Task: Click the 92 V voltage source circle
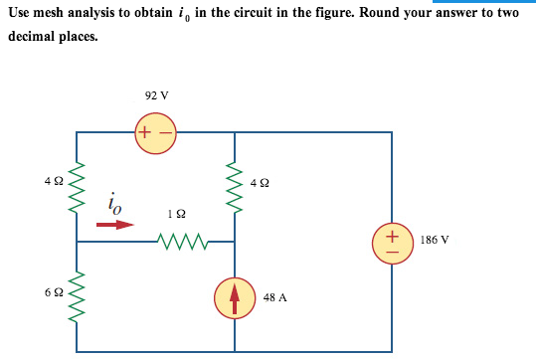coord(155,132)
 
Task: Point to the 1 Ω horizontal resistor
coord(183,240)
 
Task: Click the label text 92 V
coord(156,95)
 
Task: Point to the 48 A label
coord(275,296)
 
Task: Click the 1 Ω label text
coord(177,213)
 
